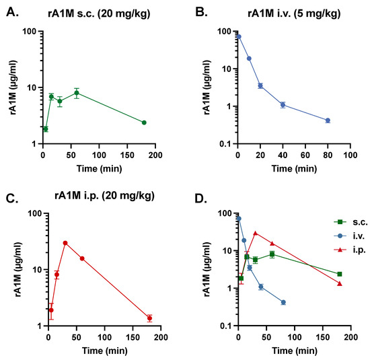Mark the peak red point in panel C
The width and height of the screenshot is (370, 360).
pos(65,243)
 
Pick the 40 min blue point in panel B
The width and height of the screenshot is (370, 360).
pos(283,104)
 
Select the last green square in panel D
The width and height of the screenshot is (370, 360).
pos(340,274)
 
